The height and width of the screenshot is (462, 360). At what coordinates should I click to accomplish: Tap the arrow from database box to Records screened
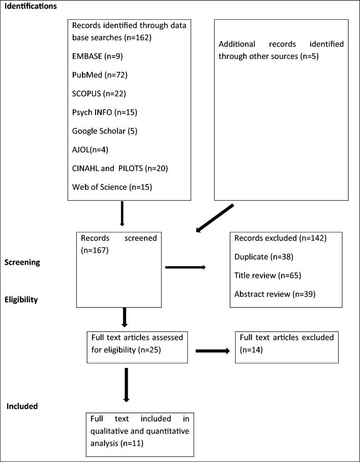122,214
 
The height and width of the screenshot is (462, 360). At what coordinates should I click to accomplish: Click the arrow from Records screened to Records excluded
186,267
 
